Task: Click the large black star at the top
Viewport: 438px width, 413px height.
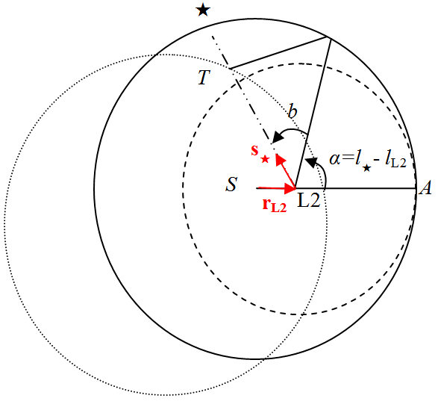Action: coord(201,10)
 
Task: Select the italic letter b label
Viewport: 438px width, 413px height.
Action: coord(293,113)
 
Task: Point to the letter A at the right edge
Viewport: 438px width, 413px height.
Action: coord(426,189)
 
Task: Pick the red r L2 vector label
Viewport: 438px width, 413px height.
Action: coord(274,205)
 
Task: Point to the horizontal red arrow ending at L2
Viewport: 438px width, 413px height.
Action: coord(276,187)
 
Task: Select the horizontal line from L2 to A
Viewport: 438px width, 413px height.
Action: coord(358,188)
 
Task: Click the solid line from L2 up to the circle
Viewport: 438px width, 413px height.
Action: coord(314,112)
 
